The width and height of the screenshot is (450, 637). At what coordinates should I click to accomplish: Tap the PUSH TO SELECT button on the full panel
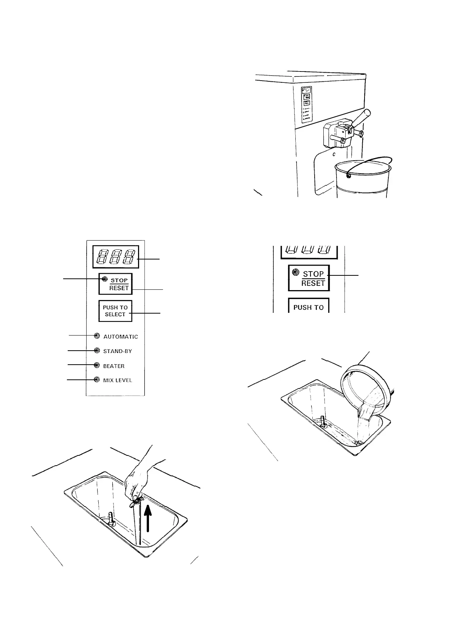click(x=115, y=311)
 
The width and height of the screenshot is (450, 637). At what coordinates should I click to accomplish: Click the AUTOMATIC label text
click(x=121, y=337)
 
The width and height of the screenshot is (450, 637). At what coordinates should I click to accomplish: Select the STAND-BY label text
click(x=118, y=351)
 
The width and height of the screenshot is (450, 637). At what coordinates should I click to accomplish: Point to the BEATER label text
click(x=114, y=366)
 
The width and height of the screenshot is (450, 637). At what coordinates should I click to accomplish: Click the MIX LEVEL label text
click(x=118, y=380)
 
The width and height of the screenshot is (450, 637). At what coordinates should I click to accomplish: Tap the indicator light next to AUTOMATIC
click(x=97, y=336)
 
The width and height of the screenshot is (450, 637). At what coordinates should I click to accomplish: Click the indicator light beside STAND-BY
click(x=97, y=351)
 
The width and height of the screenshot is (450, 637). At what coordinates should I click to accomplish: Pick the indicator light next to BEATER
click(x=97, y=365)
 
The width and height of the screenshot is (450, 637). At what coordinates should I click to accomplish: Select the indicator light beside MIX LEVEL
click(x=97, y=380)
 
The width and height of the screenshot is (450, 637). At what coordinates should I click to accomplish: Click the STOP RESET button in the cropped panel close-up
click(x=309, y=278)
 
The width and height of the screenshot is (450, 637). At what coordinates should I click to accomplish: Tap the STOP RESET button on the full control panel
click(x=116, y=284)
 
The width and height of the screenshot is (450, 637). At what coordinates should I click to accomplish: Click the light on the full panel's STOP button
click(x=105, y=279)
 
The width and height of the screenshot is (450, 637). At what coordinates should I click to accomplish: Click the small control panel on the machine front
click(x=306, y=105)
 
